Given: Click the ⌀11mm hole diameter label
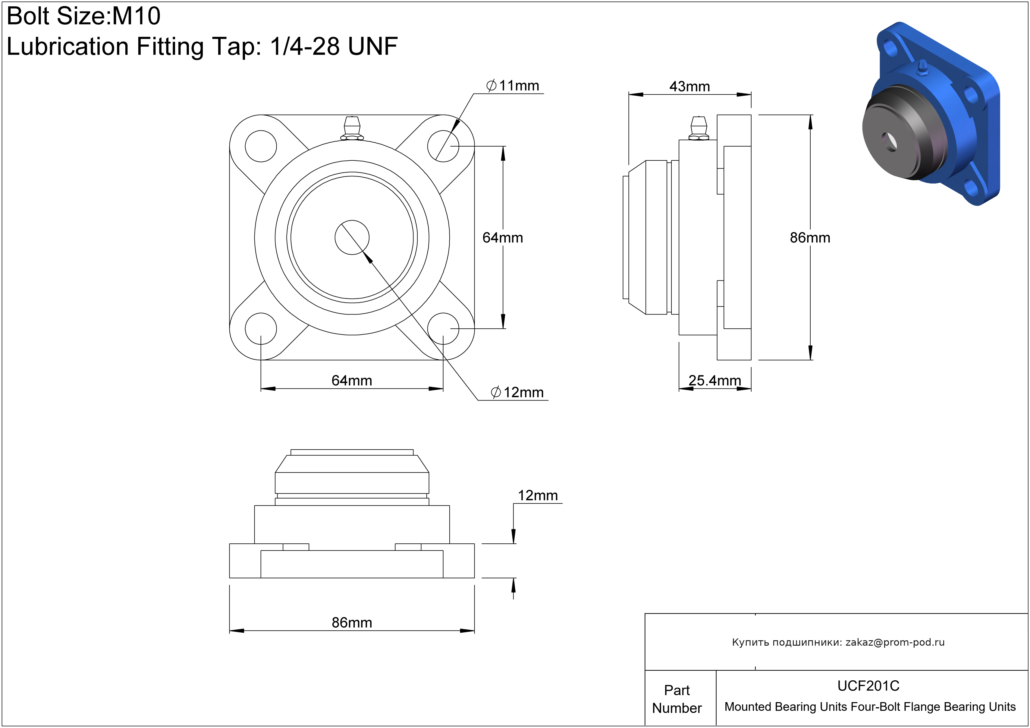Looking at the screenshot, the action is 513,85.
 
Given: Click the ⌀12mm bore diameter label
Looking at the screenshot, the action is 517,392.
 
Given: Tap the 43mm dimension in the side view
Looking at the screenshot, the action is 689,86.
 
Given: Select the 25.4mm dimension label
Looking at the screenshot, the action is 714,381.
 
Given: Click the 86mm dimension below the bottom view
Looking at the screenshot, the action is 352,622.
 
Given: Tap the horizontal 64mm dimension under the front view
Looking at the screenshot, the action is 352,381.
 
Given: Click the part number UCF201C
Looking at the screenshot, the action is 868,686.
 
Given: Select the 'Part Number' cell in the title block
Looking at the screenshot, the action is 677,699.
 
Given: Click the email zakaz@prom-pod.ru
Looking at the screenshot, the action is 895,642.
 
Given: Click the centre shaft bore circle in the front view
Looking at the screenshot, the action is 352,237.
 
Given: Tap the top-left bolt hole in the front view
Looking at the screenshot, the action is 261,146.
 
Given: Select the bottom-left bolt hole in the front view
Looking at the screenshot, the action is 261,328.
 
